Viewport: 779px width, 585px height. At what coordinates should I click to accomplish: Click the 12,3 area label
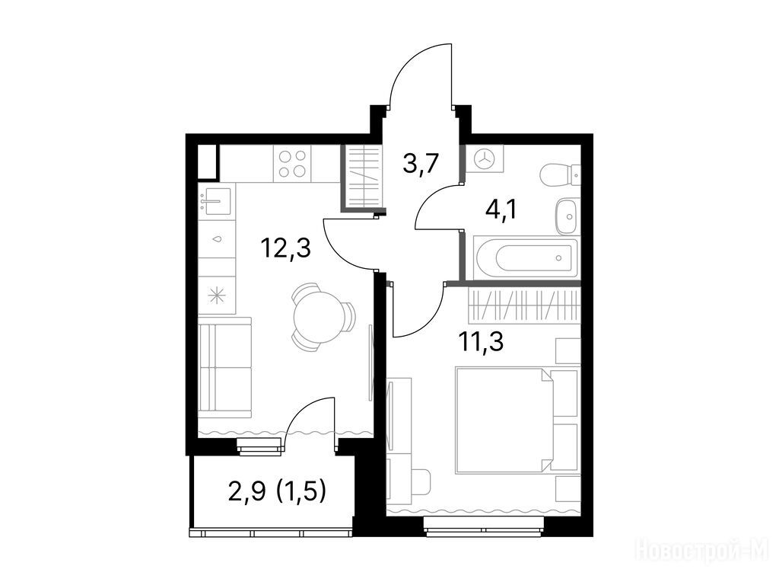tap(286, 248)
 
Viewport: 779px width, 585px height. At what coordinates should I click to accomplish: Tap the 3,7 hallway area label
tap(421, 163)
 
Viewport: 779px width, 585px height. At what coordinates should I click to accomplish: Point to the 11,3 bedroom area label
tap(481, 341)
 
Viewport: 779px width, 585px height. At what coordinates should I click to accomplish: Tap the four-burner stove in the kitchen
tap(292, 165)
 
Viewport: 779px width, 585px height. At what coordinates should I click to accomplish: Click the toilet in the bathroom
tap(559, 176)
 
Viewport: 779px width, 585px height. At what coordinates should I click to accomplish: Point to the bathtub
tap(526, 257)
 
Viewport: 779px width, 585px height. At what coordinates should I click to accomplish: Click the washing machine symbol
tap(485, 158)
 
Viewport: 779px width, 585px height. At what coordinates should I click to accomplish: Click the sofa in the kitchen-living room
tap(224, 368)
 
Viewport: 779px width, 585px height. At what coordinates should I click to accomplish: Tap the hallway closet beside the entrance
tap(363, 177)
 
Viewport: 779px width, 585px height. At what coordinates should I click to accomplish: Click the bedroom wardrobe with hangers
tap(524, 305)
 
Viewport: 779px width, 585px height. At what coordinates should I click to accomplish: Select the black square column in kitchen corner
tap(208, 161)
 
